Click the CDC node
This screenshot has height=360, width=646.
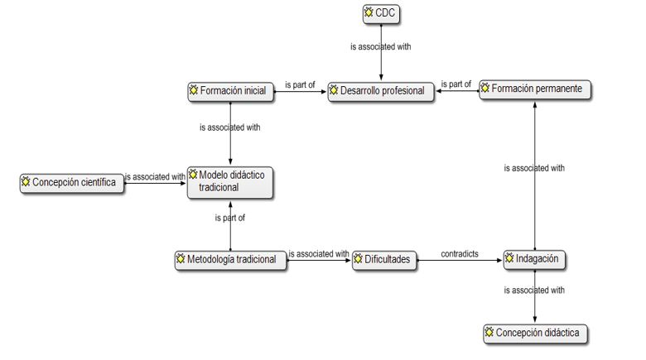(x=381, y=13)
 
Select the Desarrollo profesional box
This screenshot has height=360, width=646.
(x=381, y=91)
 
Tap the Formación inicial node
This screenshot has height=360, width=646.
(x=230, y=91)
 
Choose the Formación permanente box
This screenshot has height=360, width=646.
(x=535, y=89)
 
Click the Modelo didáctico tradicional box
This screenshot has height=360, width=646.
(x=229, y=181)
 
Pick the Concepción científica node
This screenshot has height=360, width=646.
(x=73, y=183)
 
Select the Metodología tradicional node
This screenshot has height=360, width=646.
(x=230, y=260)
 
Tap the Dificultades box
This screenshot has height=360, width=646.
(x=385, y=260)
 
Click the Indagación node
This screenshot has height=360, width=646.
(x=535, y=260)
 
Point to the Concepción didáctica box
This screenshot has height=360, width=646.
(x=536, y=334)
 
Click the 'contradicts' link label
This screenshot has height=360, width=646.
(x=460, y=254)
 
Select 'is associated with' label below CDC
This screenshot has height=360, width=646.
(x=380, y=47)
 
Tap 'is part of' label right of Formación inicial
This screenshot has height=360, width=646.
(x=300, y=84)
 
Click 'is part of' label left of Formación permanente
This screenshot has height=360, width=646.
(x=456, y=84)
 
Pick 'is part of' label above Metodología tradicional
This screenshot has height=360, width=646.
(x=229, y=218)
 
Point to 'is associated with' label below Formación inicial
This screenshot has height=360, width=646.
(x=230, y=128)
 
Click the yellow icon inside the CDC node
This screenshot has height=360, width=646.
(x=369, y=12)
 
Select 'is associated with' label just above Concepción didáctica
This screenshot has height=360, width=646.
(x=534, y=290)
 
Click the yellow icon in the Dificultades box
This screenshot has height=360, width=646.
(x=359, y=260)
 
